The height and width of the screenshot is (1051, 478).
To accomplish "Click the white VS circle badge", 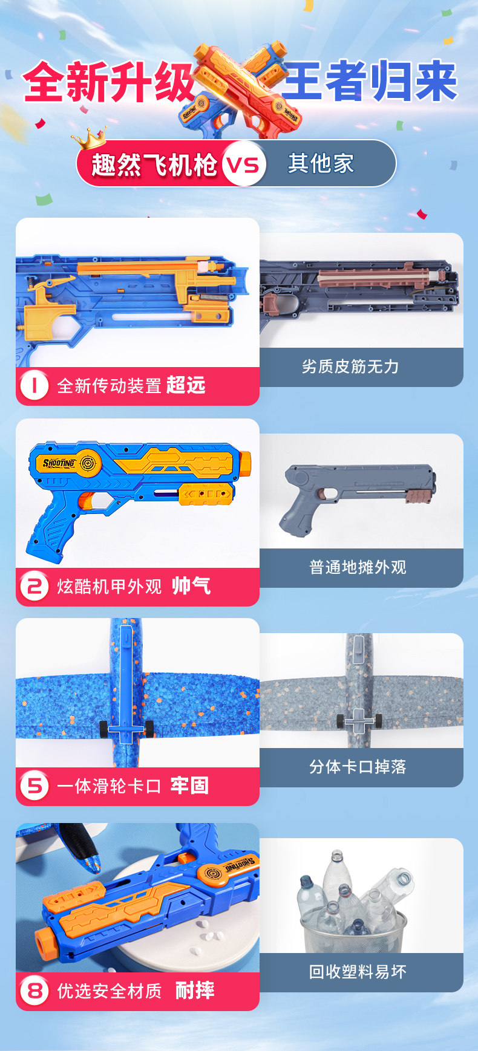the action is (x=244, y=164).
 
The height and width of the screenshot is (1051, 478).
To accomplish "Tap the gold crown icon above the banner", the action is (x=88, y=139).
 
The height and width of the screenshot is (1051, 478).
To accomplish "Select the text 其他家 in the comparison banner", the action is (x=321, y=163).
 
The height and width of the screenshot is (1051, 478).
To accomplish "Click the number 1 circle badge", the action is (x=34, y=385).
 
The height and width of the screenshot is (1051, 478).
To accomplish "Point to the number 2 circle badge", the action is (x=34, y=586).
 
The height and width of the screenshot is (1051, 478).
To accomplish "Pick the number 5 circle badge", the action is (x=34, y=786).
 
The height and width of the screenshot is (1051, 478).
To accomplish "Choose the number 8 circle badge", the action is (x=34, y=991).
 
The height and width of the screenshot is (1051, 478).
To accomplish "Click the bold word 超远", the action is (x=186, y=385).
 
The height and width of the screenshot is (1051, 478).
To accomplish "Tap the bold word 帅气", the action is (x=191, y=585).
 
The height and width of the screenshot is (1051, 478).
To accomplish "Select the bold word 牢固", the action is (x=189, y=786).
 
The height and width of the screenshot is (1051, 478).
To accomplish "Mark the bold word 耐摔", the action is (x=195, y=991).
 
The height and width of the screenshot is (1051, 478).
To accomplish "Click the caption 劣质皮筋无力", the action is (x=350, y=366).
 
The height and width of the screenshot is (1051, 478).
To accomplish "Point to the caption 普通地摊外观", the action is (x=358, y=567).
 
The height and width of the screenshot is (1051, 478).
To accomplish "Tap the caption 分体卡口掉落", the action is (x=358, y=767).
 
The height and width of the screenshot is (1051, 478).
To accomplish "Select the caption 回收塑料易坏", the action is (x=358, y=972).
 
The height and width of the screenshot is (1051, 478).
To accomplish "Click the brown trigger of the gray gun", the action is (x=330, y=495).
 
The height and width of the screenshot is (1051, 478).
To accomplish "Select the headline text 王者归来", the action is (x=370, y=81).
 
